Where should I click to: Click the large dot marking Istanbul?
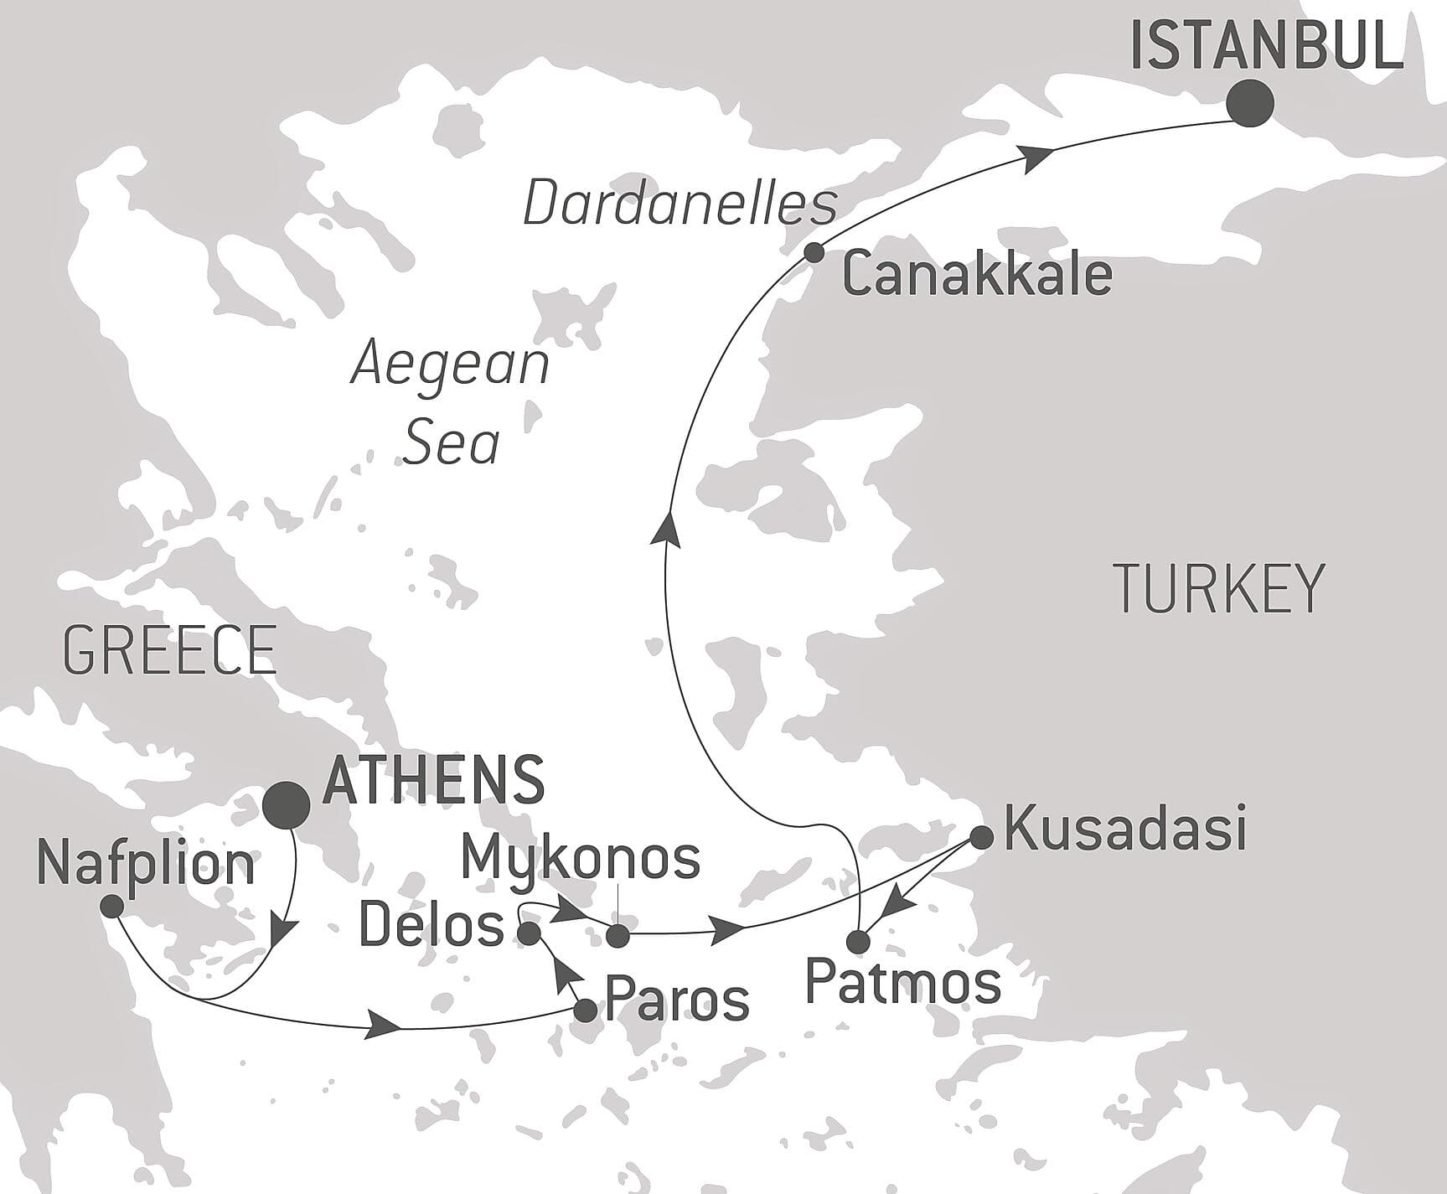[1249, 104]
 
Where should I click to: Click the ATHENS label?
[433, 780]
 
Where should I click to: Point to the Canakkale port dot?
[813, 252]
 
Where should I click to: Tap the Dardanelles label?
[680, 204]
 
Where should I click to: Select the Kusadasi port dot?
[981, 836]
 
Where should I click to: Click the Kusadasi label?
[1125, 828]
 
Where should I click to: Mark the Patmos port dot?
[858, 941]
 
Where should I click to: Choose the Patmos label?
[903, 983]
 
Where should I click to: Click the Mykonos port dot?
[617, 936]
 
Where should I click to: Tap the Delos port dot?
[530, 933]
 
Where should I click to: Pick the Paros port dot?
[585, 1010]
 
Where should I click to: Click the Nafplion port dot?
[111, 906]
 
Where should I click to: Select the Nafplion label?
[146, 865]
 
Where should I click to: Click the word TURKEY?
[1218, 589]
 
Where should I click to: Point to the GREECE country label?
[169, 651]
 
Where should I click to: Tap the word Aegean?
[450, 365]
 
